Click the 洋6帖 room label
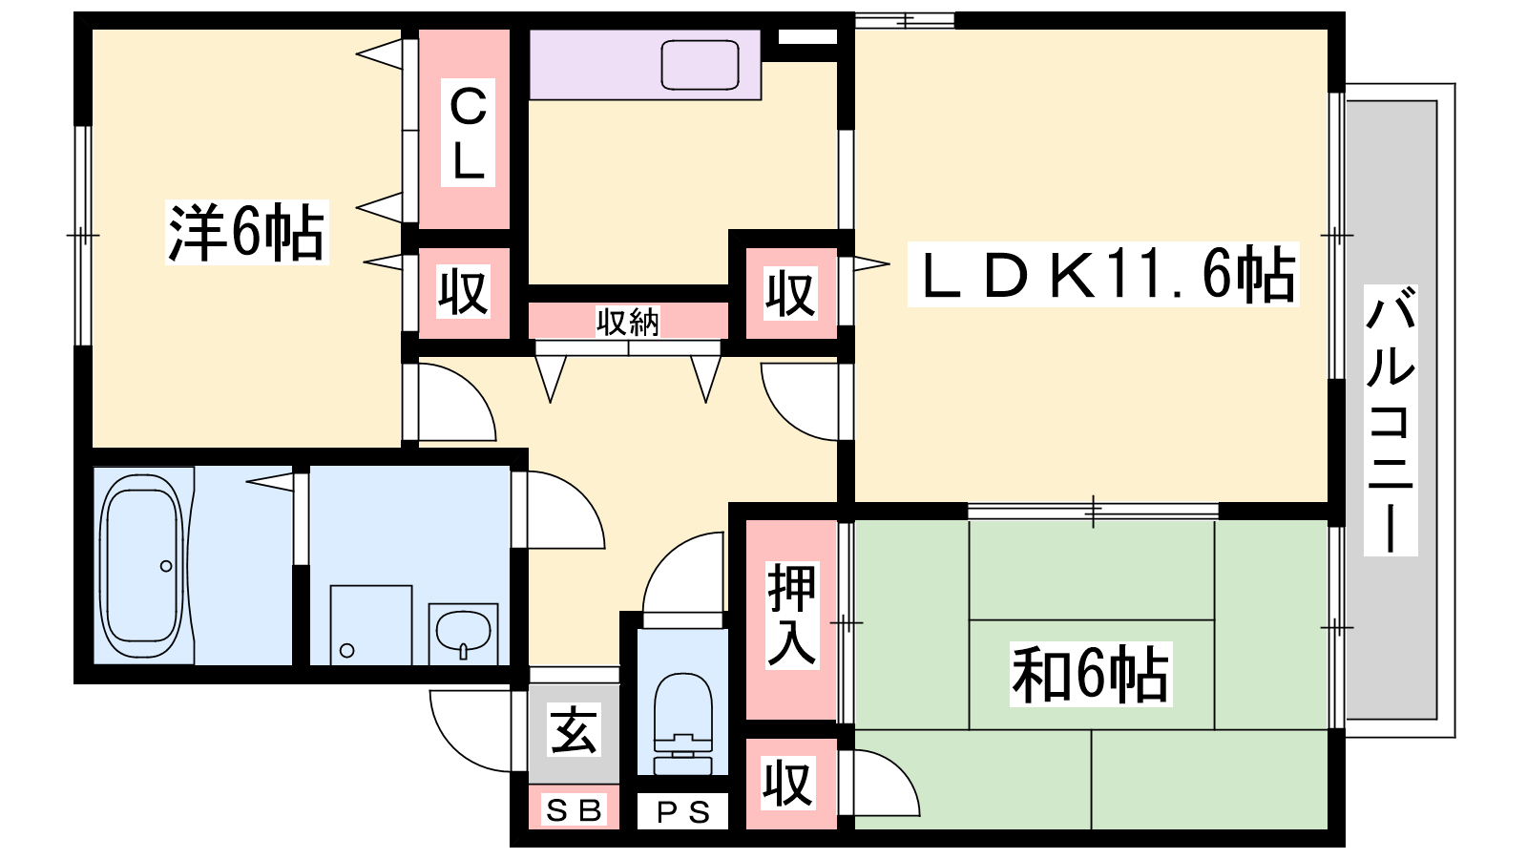(247, 233)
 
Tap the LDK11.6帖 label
(1103, 275)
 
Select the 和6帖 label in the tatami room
(1091, 674)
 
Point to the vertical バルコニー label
(1391, 420)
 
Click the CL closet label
(468, 133)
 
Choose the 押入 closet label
(791, 615)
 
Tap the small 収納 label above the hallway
(628, 322)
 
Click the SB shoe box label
(574, 810)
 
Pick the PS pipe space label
(683, 812)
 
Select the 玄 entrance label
(574, 730)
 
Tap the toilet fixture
(682, 723)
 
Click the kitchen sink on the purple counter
(701, 65)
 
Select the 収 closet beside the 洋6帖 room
(464, 292)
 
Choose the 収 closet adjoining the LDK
(791, 294)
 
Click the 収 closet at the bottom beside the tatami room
(788, 784)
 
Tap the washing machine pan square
(371, 624)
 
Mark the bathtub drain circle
(166, 566)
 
